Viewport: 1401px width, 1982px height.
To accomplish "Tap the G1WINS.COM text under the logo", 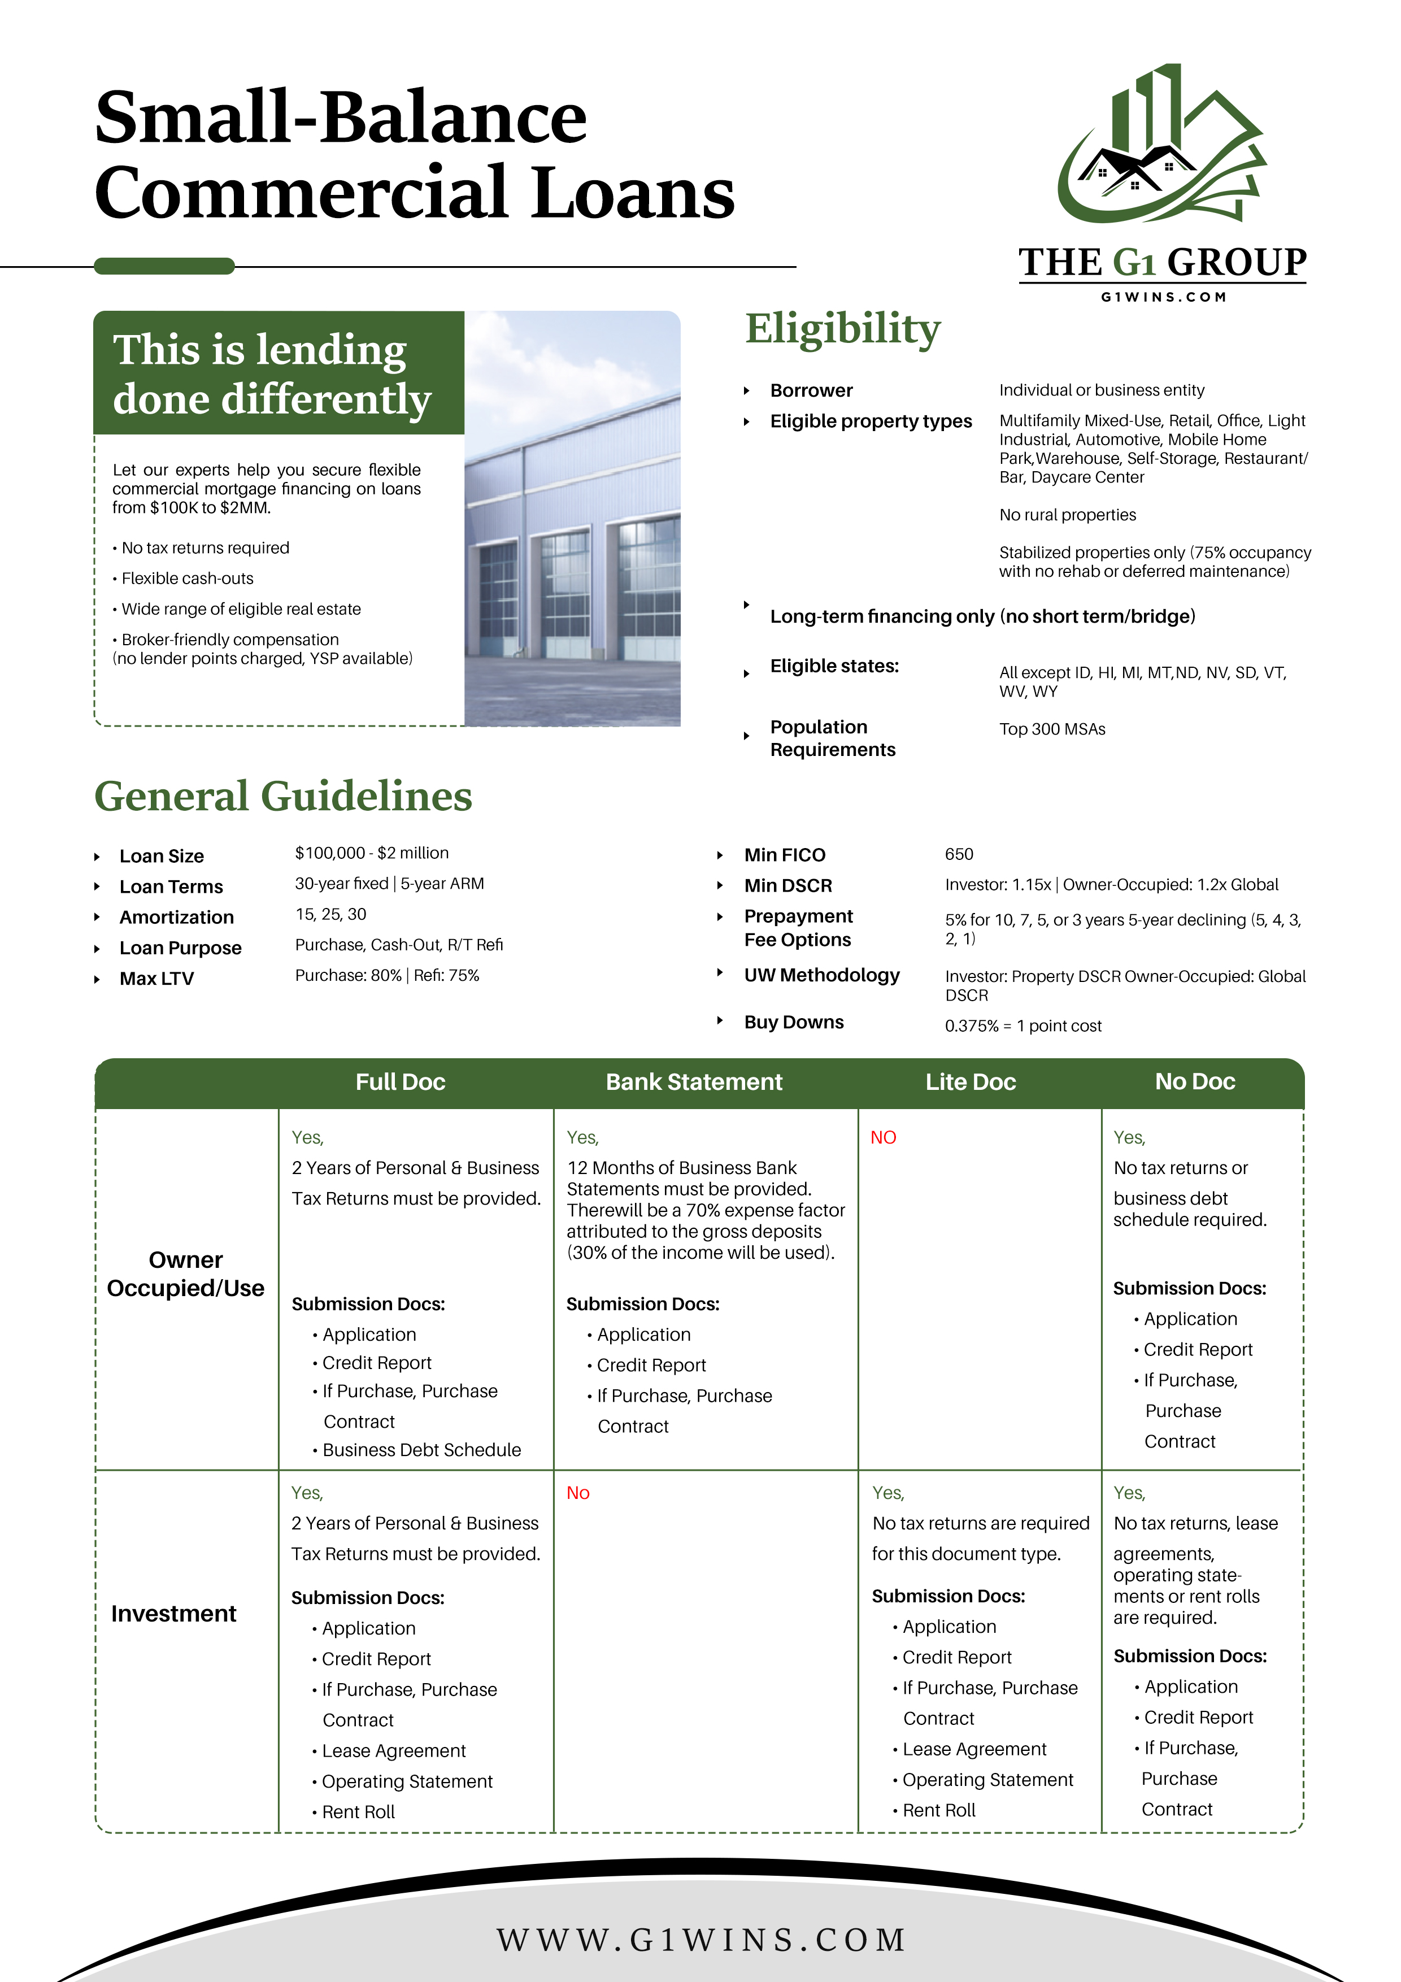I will [1163, 297].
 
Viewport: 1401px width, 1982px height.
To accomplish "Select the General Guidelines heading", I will [283, 796].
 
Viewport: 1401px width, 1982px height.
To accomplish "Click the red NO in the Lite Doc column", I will [883, 1138].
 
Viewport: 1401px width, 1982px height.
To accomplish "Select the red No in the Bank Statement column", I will [577, 1493].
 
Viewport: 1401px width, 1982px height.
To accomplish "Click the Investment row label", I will [173, 1614].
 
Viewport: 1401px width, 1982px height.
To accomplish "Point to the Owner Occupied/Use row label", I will [186, 1274].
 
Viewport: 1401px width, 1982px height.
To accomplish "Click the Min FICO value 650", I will [959, 855].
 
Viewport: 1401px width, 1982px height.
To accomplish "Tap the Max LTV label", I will [157, 979].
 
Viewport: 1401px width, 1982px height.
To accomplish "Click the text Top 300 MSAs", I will [1052, 729].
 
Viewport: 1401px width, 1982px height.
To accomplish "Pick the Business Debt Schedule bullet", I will [421, 1450].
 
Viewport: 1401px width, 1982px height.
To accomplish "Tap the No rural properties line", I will [1068, 515].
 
